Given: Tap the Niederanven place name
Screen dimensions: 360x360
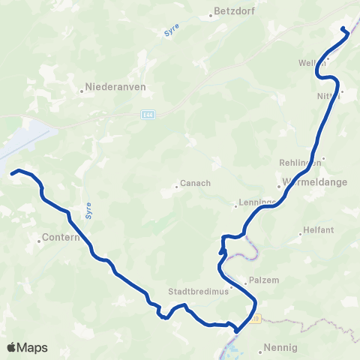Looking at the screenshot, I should pyautogui.click(x=115, y=86).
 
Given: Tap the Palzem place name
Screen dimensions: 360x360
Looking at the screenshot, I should pyautogui.click(x=265, y=280).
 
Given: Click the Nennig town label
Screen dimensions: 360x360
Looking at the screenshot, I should pyautogui.click(x=280, y=349).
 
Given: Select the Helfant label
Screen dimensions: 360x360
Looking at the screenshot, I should pyautogui.click(x=318, y=230).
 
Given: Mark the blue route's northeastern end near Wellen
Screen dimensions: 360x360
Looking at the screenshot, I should pyautogui.click(x=343, y=29).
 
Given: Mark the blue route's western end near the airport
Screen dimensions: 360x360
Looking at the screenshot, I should pyautogui.click(x=13, y=173).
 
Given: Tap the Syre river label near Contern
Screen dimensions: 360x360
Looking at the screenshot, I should pyautogui.click(x=88, y=205).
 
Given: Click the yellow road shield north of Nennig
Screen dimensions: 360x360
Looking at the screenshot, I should pyautogui.click(x=257, y=319).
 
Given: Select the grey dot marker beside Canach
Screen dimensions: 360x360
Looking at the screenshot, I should pyautogui.click(x=176, y=187).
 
